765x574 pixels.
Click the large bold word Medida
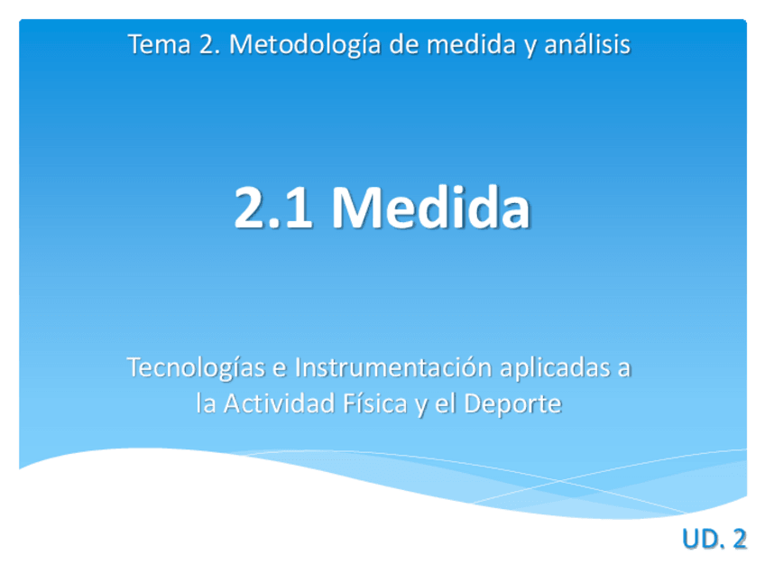click(430, 208)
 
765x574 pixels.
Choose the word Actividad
click(279, 404)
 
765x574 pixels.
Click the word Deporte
click(512, 404)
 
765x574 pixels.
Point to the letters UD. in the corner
click(701, 540)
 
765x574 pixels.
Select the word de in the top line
click(405, 44)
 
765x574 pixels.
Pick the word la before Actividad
click(207, 404)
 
